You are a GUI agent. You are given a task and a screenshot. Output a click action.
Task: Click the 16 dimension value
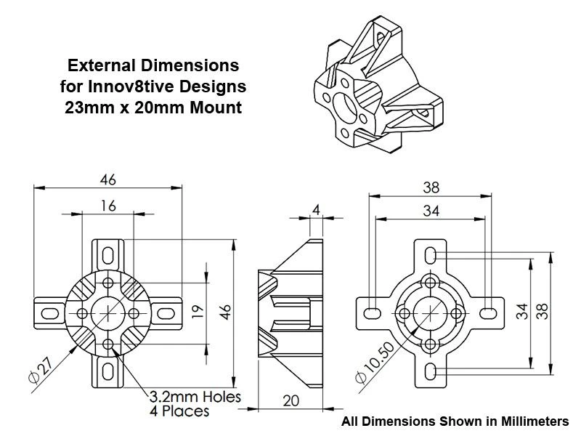(108, 206)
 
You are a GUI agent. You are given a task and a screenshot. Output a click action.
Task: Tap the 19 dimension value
(198, 312)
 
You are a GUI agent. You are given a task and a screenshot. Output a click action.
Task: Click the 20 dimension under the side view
(290, 401)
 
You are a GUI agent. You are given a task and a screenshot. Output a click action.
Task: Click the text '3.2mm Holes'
(195, 397)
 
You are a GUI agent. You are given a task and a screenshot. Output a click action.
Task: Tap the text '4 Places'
(179, 411)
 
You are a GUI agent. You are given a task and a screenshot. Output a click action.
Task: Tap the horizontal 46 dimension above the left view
(108, 179)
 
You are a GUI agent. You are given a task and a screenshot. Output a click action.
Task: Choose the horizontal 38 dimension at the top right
(431, 187)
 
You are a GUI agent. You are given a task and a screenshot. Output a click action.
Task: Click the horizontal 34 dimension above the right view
(431, 211)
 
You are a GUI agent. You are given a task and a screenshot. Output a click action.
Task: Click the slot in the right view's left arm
(371, 312)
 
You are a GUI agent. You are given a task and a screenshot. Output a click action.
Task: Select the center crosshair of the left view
(108, 312)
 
